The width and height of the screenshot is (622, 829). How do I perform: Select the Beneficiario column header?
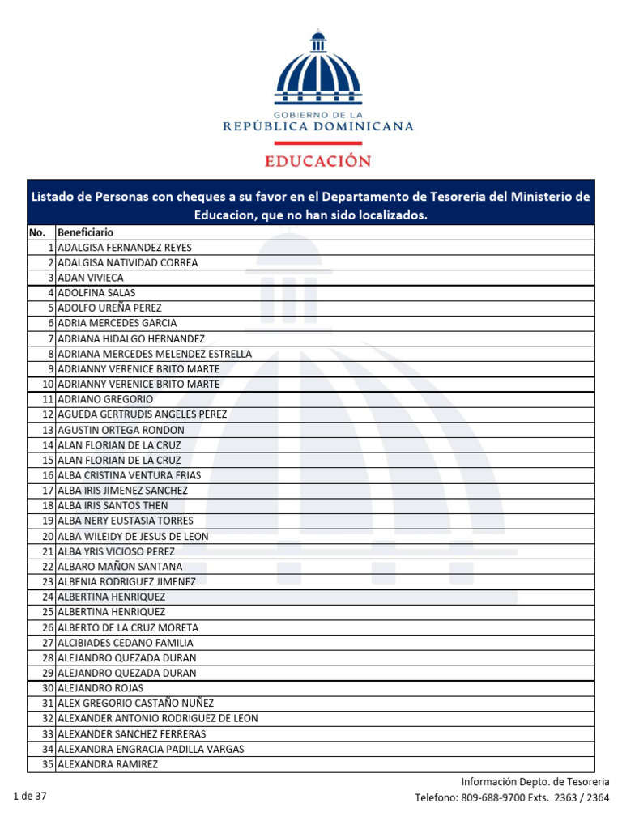[x=85, y=232]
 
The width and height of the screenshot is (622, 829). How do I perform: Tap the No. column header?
[x=37, y=232]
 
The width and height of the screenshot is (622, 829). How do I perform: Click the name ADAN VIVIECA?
[x=91, y=278]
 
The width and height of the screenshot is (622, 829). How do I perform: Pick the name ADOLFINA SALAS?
[x=96, y=292]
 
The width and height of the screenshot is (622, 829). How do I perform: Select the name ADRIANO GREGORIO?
[x=105, y=399]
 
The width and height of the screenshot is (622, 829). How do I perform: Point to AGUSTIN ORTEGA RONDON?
[x=121, y=430]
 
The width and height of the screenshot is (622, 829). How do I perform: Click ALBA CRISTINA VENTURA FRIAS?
[x=130, y=475]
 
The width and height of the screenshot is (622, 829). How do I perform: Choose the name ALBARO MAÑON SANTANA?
[x=120, y=567]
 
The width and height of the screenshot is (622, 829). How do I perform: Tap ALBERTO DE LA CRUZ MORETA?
[x=128, y=627]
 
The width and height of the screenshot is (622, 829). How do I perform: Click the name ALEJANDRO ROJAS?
[x=100, y=688]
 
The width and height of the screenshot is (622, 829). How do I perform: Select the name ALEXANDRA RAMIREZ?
[x=108, y=764]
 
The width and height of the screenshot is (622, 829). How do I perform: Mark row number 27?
[x=48, y=643]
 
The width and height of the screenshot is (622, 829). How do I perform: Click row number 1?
[x=50, y=248]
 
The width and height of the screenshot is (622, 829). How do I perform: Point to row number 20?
[x=48, y=536]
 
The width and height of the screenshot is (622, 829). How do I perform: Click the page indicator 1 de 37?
[x=30, y=797]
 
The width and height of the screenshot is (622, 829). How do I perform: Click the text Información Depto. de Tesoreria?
[x=535, y=782]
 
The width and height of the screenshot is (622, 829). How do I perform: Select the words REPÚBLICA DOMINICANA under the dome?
[x=318, y=126]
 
